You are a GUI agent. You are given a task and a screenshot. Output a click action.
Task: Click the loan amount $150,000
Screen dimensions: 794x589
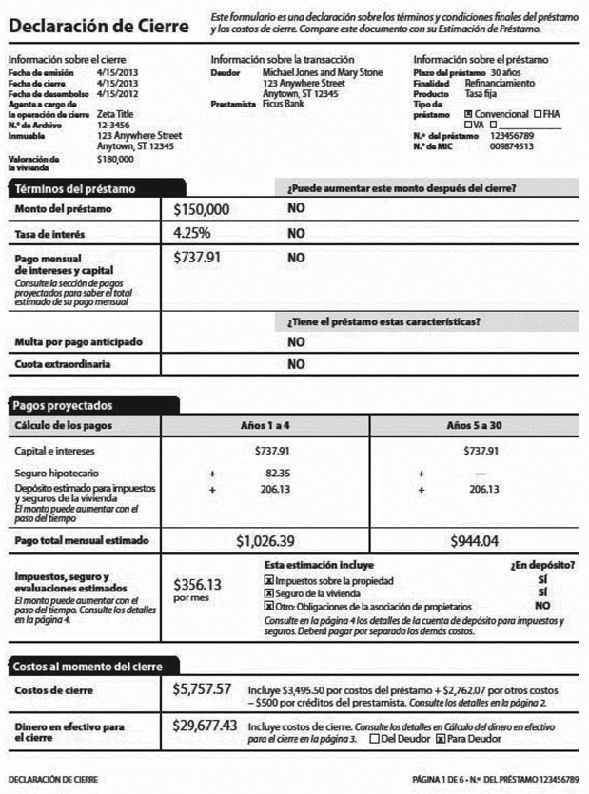[202, 208]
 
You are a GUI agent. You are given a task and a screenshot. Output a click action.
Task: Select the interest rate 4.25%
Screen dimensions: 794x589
[192, 233]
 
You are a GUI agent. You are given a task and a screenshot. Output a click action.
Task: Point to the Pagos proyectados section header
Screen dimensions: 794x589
[65, 404]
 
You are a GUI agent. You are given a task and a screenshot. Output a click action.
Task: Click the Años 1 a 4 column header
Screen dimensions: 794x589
[265, 424]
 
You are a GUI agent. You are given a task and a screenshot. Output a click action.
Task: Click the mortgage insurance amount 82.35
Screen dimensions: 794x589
[277, 473]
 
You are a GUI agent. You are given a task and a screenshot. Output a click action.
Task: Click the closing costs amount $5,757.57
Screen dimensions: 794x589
[203, 688]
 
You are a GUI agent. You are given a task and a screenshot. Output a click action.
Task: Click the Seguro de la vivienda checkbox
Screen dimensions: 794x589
[268, 592]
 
